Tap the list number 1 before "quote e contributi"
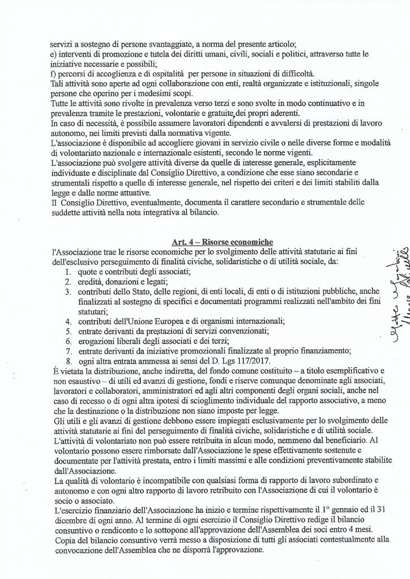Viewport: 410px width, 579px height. click(x=67, y=272)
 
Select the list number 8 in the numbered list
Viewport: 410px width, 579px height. click(x=67, y=361)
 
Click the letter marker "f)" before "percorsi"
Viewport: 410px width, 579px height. click(x=53, y=74)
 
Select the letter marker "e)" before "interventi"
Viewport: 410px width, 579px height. click(x=53, y=54)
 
